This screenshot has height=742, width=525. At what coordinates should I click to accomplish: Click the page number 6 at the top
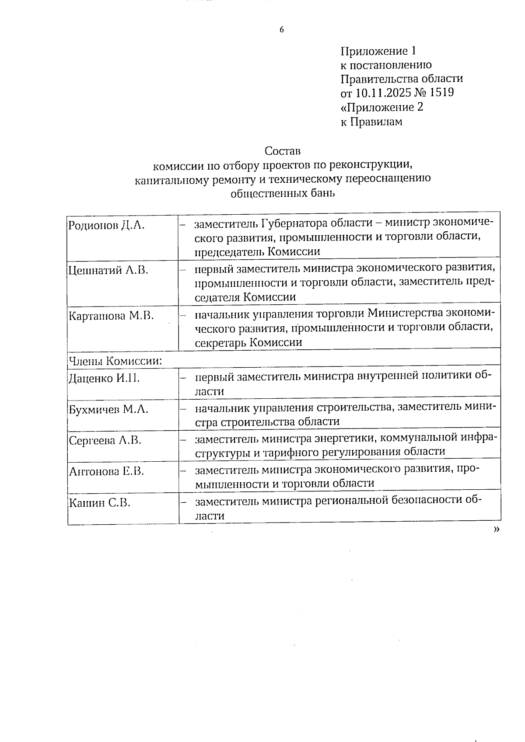pyautogui.click(x=281, y=30)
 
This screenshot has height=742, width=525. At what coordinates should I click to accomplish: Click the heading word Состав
pyautogui.click(x=283, y=151)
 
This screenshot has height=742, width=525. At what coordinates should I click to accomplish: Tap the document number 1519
pyautogui.click(x=442, y=93)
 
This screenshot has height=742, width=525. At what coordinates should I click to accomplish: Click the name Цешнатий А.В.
pyautogui.click(x=108, y=270)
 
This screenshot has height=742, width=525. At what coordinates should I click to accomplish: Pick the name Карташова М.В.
pyautogui.click(x=111, y=316)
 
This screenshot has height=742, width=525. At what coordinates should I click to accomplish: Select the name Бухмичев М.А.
pyautogui.click(x=108, y=409)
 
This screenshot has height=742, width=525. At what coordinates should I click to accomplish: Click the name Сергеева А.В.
pyautogui.click(x=105, y=440)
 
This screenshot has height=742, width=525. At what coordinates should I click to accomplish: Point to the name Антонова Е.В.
pyautogui.click(x=106, y=471)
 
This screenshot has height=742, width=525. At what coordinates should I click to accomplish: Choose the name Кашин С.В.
pyautogui.click(x=100, y=503)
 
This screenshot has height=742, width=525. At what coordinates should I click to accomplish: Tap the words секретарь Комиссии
pyautogui.click(x=248, y=342)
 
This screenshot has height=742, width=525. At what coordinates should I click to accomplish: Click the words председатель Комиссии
pyautogui.click(x=257, y=251)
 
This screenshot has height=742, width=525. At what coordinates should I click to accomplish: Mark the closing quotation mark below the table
pyautogui.click(x=496, y=530)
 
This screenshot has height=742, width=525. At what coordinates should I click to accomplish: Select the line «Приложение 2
pyautogui.click(x=382, y=107)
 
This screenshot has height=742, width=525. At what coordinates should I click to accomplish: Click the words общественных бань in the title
pyautogui.click(x=283, y=193)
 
